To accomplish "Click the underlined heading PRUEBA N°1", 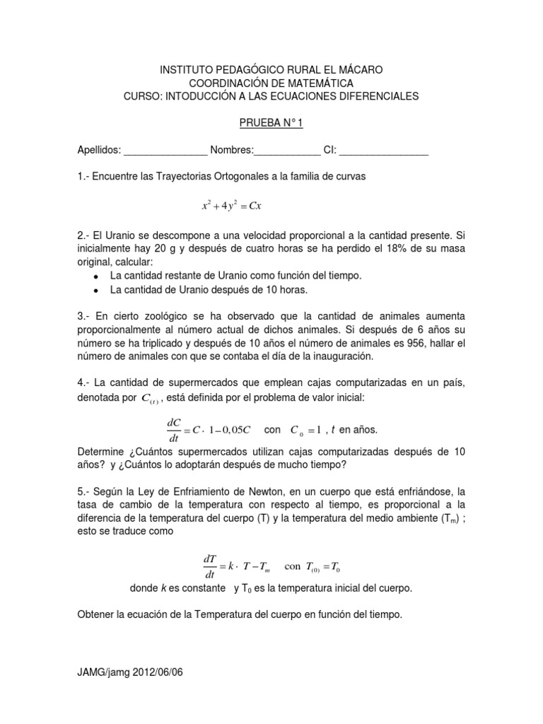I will click(x=271, y=124).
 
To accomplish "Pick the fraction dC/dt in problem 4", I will click(x=174, y=430).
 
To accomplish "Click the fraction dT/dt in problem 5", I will click(x=209, y=566).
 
